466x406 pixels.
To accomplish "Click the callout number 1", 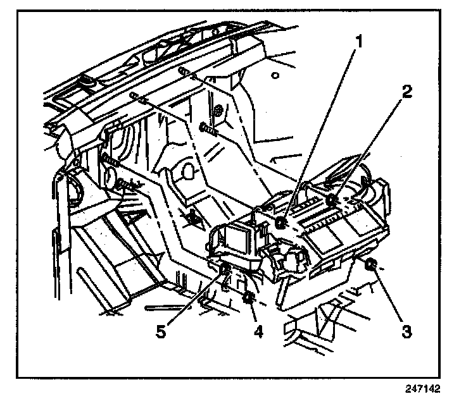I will pyautogui.click(x=359, y=43).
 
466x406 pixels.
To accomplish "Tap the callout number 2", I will pyautogui.click(x=405, y=90).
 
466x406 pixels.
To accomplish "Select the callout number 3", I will pyautogui.click(x=406, y=329).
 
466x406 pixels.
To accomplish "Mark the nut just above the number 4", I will pyautogui.click(x=249, y=297).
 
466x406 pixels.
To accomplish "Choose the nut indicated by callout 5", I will pyautogui.click(x=225, y=272).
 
